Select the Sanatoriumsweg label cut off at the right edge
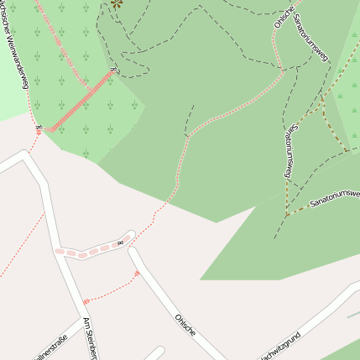tap(334, 199)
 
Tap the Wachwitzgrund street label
tap(279, 347)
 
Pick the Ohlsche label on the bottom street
tap(185, 326)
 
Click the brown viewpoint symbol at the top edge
tap(116, 3)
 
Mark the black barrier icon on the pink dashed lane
tap(120, 243)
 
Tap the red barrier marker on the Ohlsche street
tap(137, 273)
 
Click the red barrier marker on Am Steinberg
tap(85, 300)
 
